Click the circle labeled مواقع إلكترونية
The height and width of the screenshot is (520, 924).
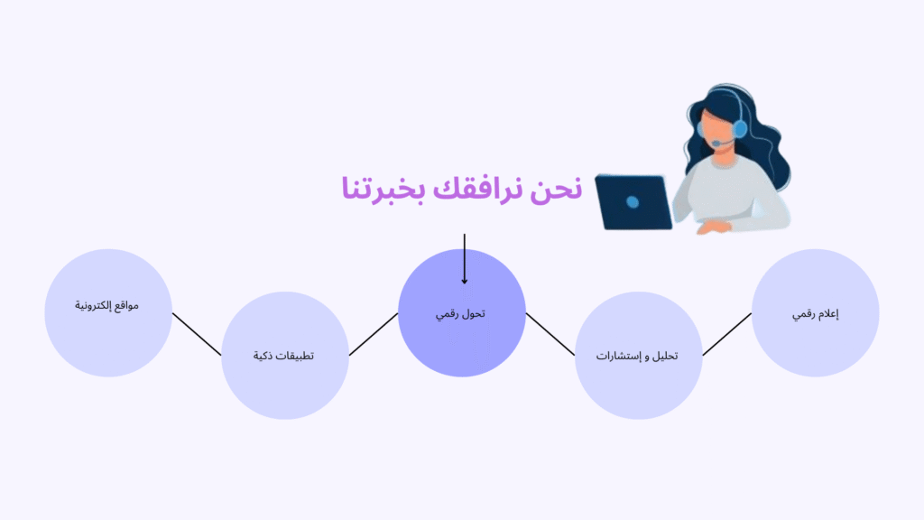[x=108, y=312]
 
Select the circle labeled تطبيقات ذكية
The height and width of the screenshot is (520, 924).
[x=285, y=356]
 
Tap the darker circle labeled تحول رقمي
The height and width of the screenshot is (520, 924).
[x=462, y=312]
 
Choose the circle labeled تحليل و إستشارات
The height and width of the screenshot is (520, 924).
[x=639, y=356]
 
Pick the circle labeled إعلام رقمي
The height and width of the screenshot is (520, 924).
[x=816, y=312]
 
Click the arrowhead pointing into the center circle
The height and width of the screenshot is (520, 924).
[x=465, y=282]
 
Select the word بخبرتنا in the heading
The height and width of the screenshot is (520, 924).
[x=383, y=189]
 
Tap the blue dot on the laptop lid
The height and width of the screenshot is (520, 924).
[x=633, y=202]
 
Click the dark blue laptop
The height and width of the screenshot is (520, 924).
[x=633, y=202]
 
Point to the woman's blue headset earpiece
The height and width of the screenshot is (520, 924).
[x=740, y=128]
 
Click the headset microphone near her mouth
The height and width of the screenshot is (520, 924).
[x=716, y=144]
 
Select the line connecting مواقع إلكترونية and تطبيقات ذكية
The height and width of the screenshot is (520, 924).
[x=197, y=334]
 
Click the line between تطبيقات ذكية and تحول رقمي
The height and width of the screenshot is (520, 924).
[x=374, y=334]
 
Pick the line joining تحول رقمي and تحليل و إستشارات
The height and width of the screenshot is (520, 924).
[x=550, y=334]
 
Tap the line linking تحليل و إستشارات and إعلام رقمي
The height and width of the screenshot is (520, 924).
[x=727, y=334]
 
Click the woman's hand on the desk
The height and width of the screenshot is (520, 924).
[x=714, y=227]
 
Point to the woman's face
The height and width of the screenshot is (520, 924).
[x=718, y=132]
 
